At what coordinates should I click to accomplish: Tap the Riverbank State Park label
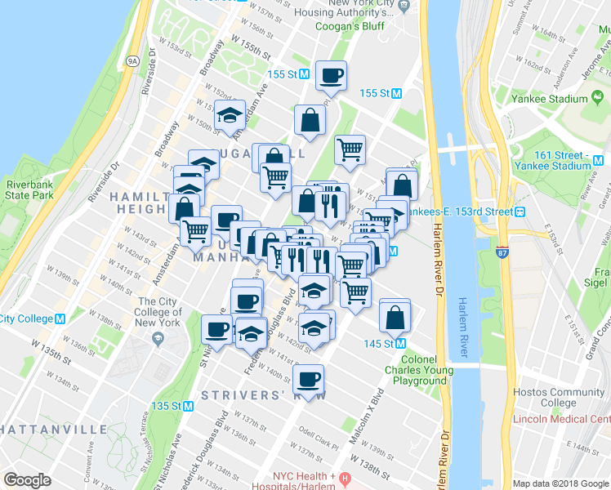click(x=29, y=190)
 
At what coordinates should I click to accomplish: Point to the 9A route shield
click(x=132, y=59)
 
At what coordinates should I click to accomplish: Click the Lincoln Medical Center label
click(x=562, y=420)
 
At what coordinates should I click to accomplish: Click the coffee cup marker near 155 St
click(x=331, y=77)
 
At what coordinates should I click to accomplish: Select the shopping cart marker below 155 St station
click(x=350, y=149)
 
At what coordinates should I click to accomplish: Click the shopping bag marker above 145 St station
click(x=395, y=316)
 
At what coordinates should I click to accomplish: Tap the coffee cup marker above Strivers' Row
click(x=308, y=379)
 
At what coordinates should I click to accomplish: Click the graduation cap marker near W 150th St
click(x=230, y=115)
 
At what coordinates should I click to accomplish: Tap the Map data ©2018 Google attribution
click(x=560, y=483)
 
